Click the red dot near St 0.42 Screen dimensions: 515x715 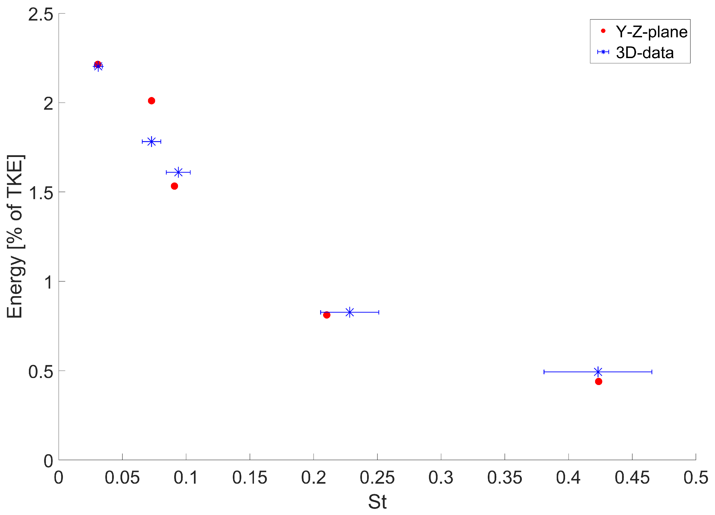click(598, 382)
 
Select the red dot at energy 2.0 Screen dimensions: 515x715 click(151, 101)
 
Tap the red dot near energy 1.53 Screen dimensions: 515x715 click(174, 186)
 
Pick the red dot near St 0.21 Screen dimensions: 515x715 click(327, 315)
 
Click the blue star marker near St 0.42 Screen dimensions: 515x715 click(598, 372)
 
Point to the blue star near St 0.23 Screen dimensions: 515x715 click(349, 312)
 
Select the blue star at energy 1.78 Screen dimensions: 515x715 click(152, 142)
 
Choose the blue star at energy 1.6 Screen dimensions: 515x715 click(179, 172)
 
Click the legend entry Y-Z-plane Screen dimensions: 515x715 click(651, 32)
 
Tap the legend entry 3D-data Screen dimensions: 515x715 click(645, 53)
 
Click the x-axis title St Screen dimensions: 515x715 click(377, 501)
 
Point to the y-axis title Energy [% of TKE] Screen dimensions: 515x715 click(15, 236)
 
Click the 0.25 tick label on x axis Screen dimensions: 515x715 click(377, 477)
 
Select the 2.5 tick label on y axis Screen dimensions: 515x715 click(41, 14)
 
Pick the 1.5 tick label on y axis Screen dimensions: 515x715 click(41, 193)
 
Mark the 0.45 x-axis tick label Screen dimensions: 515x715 click(632, 477)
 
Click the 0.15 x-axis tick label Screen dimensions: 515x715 click(250, 477)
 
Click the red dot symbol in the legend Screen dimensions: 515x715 click(603, 31)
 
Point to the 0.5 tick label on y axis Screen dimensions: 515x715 click(41, 372)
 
